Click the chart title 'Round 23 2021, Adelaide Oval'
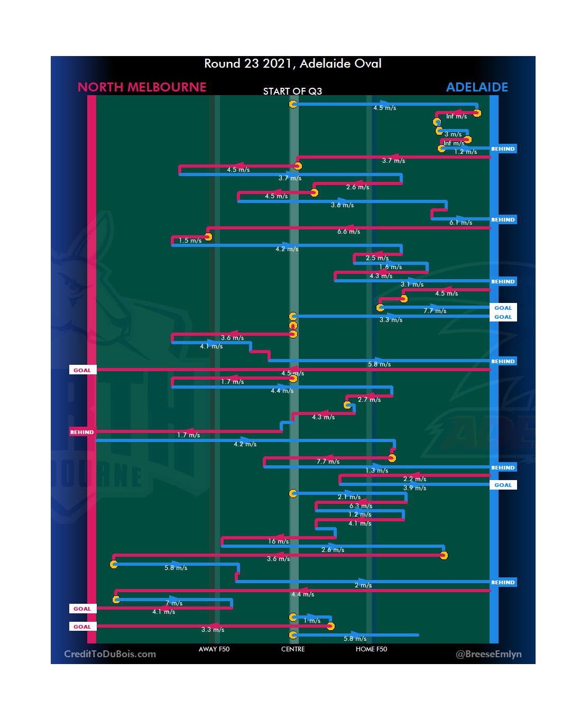[x=293, y=63]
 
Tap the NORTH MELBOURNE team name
[x=142, y=87]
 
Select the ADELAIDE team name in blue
[x=477, y=87]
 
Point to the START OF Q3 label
[x=292, y=91]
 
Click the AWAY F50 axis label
[x=214, y=649]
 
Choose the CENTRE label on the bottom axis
[x=293, y=649]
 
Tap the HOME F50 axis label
[x=371, y=649]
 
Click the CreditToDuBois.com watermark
[x=110, y=654]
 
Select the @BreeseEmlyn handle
[x=489, y=654]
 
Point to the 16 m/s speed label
[x=278, y=541]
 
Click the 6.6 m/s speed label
[x=348, y=232]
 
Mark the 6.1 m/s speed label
[x=461, y=223]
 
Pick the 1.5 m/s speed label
[x=190, y=241]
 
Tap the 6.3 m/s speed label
[x=361, y=506]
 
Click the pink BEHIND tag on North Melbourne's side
[x=82, y=432]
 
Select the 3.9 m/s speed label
[x=415, y=488]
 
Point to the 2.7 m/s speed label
[x=369, y=400]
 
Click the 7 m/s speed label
[x=174, y=603]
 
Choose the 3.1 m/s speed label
[x=412, y=284]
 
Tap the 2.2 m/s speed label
[x=415, y=479]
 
